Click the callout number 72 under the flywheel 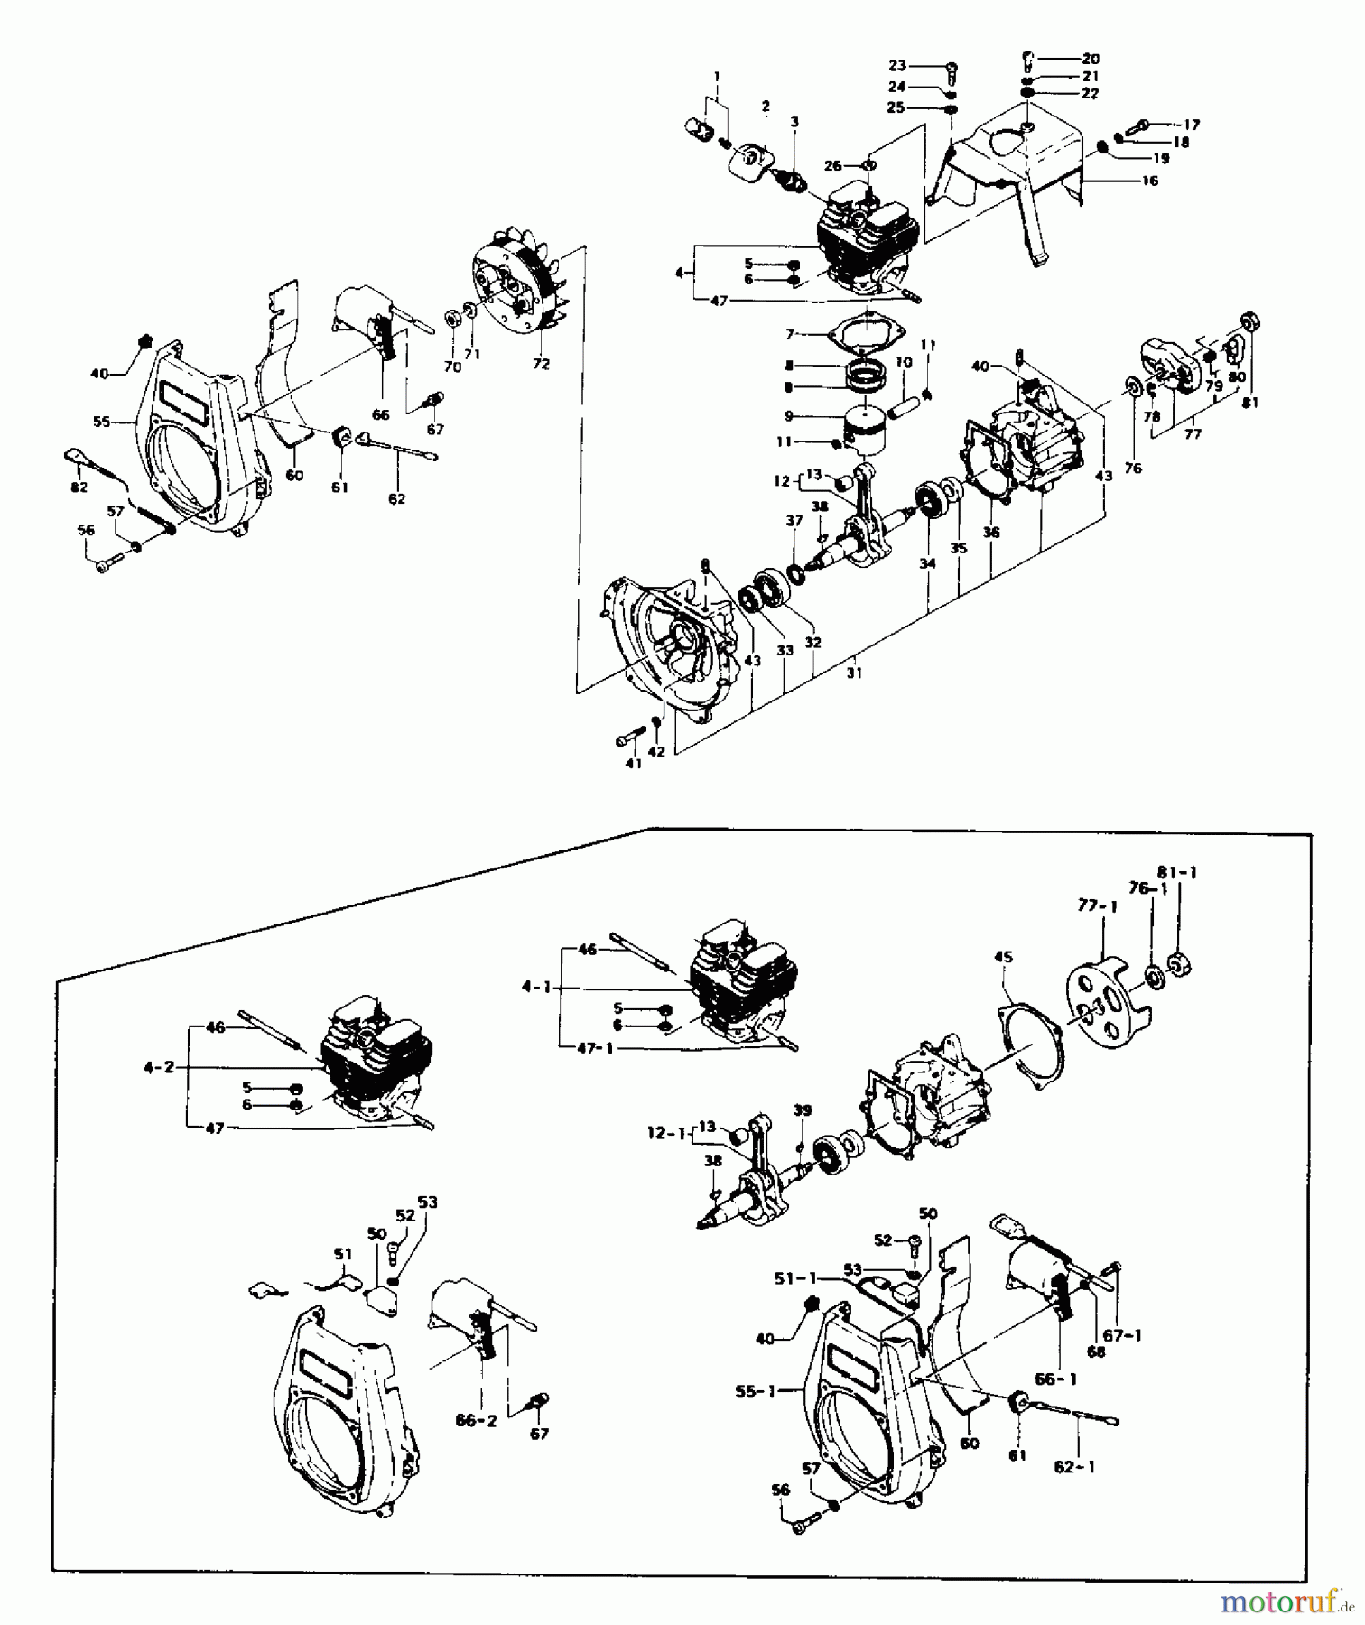(x=540, y=365)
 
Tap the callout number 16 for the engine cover (x=1149, y=181)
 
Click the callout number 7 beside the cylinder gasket (x=790, y=334)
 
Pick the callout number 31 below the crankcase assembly (x=854, y=673)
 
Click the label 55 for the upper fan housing (x=101, y=421)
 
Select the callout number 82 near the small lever (x=79, y=487)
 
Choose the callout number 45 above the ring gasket (x=1003, y=956)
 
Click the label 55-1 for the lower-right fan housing (x=757, y=1392)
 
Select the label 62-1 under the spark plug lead (x=1074, y=1467)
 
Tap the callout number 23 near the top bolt (x=896, y=65)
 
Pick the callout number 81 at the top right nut (x=1249, y=404)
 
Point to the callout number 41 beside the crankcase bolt (x=633, y=763)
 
